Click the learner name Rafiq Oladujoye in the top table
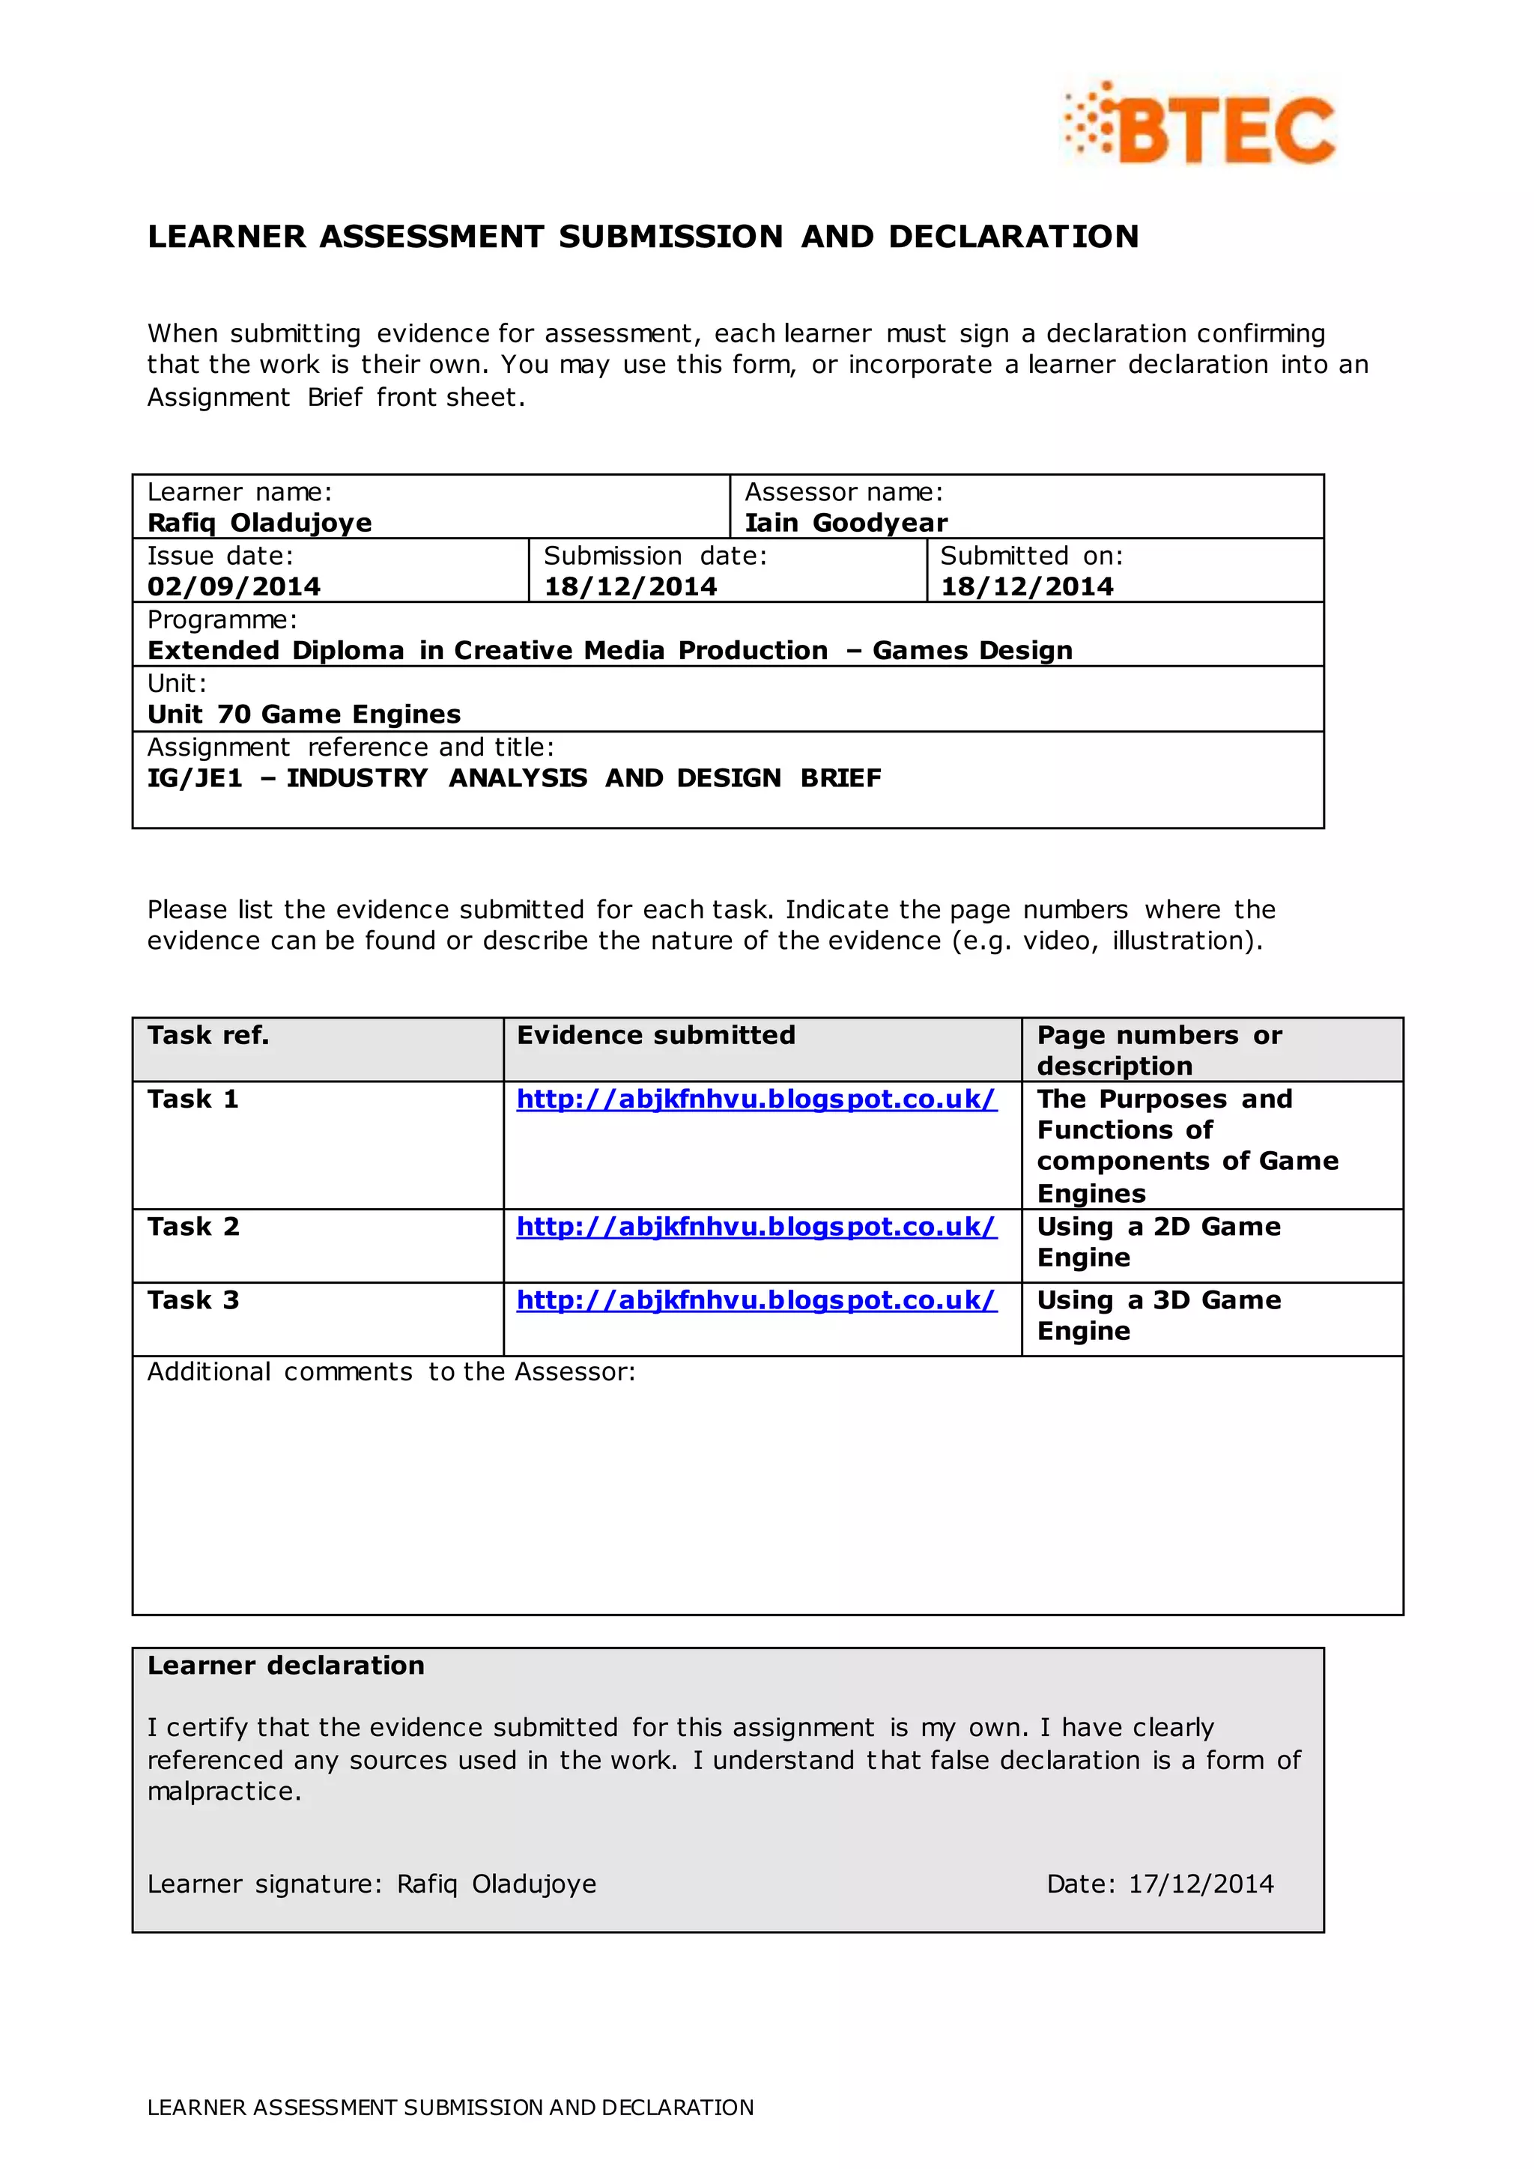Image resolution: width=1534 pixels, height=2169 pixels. click(260, 523)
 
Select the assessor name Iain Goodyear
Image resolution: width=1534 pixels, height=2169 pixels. click(846, 523)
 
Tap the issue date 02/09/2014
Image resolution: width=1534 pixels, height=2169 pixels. click(233, 586)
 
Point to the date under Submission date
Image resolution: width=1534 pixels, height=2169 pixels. click(630, 586)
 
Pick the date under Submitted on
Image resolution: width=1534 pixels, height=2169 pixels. click(1027, 586)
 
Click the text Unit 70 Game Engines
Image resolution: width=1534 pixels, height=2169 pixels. click(304, 715)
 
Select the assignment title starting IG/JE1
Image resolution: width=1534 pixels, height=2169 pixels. click(514, 778)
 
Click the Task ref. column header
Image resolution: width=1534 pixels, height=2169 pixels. click(207, 1035)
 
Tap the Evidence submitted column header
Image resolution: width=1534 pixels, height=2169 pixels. click(655, 1035)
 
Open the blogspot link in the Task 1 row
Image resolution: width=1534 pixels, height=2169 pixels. click(756, 1099)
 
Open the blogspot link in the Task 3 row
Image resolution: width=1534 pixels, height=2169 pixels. click(756, 1301)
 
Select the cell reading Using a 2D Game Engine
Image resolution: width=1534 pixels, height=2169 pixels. click(1158, 1243)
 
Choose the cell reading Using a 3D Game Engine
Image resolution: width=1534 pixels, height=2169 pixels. click(1158, 1316)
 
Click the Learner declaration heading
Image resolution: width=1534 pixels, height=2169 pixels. click(285, 1666)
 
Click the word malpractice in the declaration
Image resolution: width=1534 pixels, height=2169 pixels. click(223, 1792)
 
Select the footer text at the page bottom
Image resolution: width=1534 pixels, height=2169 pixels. click(451, 2108)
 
